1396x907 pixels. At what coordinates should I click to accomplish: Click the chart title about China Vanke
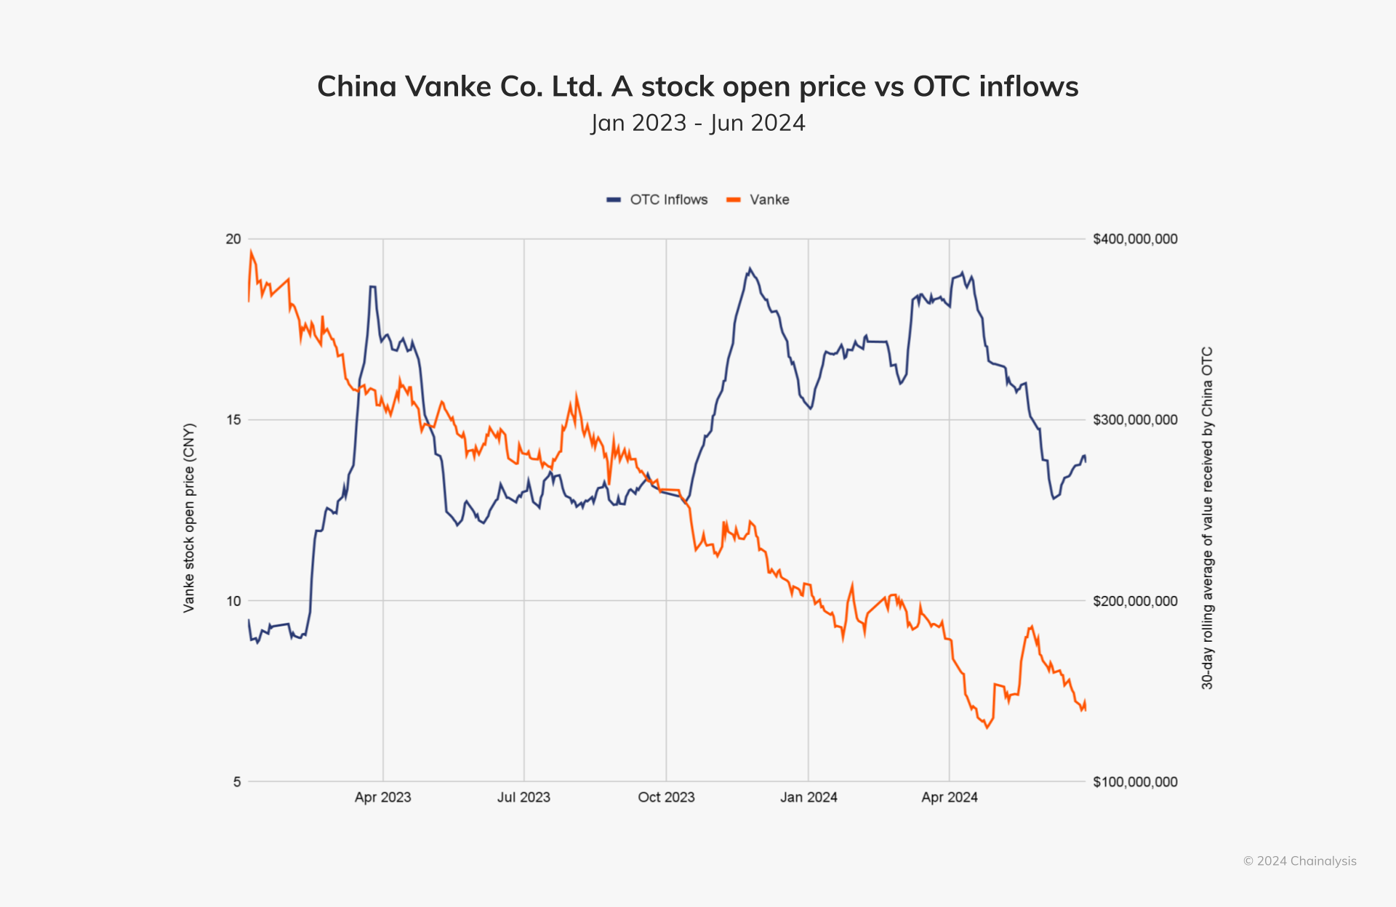(x=697, y=86)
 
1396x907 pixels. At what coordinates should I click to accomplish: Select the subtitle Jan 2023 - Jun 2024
(x=697, y=123)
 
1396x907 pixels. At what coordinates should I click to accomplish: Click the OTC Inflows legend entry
(x=658, y=200)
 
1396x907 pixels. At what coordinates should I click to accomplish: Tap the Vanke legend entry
(x=758, y=200)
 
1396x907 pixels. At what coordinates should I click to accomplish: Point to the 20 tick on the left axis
(x=233, y=239)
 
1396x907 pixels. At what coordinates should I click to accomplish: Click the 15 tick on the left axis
(x=233, y=420)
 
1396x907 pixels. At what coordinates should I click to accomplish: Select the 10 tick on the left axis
(x=233, y=601)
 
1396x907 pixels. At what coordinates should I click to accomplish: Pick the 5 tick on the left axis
(x=236, y=782)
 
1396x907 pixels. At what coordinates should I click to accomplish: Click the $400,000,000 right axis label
(x=1135, y=239)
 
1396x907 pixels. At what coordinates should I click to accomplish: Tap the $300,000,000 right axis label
(x=1135, y=420)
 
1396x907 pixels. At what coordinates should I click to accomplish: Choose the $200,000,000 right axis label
(x=1135, y=601)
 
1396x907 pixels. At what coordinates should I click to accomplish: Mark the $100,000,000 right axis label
(x=1135, y=782)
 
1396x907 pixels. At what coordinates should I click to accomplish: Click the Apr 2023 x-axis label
(x=382, y=797)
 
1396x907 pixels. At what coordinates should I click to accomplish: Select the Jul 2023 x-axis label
(x=523, y=797)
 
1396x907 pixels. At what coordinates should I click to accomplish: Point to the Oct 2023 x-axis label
(x=666, y=797)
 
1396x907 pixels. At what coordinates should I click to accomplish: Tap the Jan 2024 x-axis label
(x=809, y=797)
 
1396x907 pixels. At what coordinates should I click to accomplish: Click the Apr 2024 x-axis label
(x=949, y=797)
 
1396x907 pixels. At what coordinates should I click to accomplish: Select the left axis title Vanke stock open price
(x=189, y=517)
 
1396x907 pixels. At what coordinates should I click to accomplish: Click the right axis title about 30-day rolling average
(x=1207, y=517)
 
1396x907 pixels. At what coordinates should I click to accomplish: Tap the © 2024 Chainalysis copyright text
(x=1299, y=861)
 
